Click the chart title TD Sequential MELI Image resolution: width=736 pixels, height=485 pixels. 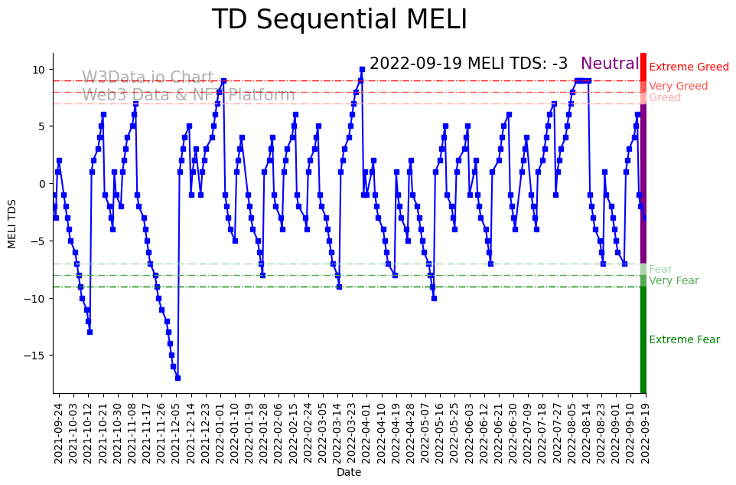tap(339, 20)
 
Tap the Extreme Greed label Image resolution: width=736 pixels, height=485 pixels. tap(689, 67)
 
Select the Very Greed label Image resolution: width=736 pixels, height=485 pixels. tap(678, 87)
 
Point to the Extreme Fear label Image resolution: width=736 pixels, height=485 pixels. tap(684, 340)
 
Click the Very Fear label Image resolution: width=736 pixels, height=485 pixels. tap(673, 281)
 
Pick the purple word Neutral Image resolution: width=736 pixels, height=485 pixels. tap(610, 64)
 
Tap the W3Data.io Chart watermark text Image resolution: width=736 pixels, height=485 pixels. tap(148, 78)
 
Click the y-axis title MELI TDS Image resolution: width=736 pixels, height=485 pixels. tap(12, 223)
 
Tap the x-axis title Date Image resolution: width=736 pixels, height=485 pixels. tap(349, 473)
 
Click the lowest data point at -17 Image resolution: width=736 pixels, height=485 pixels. tap(177, 378)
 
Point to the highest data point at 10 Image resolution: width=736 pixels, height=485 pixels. tap(362, 70)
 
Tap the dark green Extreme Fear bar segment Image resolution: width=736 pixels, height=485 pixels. tap(643, 340)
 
